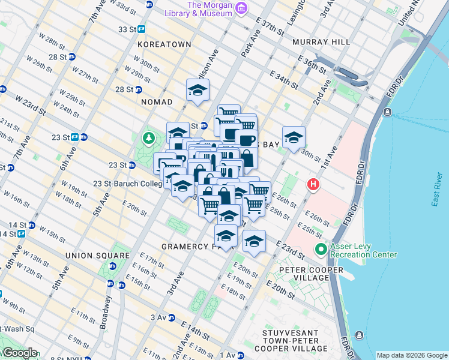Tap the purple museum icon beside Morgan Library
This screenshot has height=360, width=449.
coord(241,8)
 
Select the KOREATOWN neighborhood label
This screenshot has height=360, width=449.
coord(164,44)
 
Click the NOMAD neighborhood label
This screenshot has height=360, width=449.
coord(157,102)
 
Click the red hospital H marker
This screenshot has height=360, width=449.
coord(312,185)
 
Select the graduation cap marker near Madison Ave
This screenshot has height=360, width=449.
coord(197,91)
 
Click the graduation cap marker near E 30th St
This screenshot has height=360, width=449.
coord(294,137)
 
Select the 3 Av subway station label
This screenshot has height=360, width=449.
coord(158,317)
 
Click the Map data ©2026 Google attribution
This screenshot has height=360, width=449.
coord(411,355)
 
